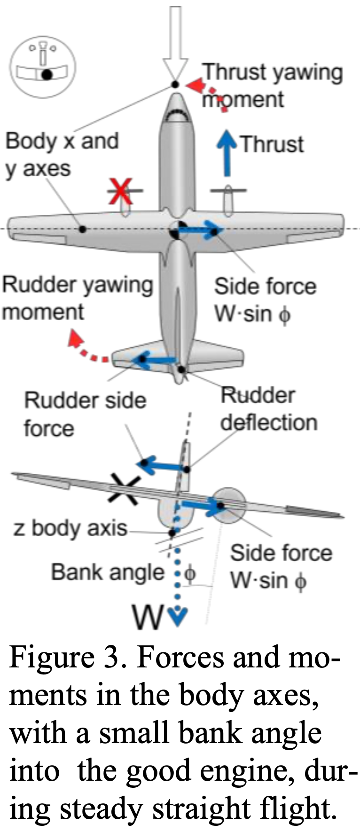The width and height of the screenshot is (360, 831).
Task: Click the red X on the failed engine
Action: pyautogui.click(x=122, y=191)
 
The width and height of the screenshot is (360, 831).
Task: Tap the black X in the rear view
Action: pyautogui.click(x=124, y=491)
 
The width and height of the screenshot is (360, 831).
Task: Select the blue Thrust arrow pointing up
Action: pyautogui.click(x=227, y=153)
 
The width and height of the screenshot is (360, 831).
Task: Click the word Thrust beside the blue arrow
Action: pyautogui.click(x=272, y=144)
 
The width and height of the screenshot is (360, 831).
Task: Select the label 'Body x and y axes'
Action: pyautogui.click(x=61, y=155)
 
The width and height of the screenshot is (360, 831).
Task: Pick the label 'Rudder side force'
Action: pyautogui.click(x=85, y=414)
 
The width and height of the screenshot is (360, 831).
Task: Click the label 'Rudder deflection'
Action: pyautogui.click(x=268, y=409)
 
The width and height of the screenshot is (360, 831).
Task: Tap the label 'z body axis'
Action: pyautogui.click(x=70, y=528)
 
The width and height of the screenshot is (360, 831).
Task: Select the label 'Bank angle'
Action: pyautogui.click(x=108, y=572)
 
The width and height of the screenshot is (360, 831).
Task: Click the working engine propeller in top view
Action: pyautogui.click(x=228, y=191)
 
